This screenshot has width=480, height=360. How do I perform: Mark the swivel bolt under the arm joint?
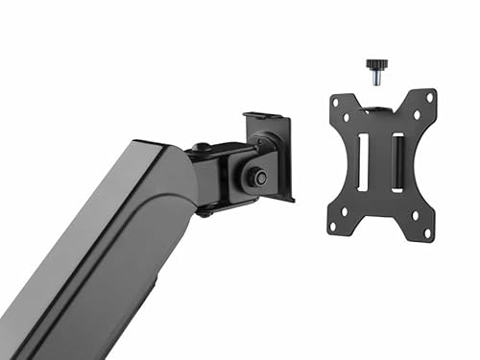click(x=204, y=212)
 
